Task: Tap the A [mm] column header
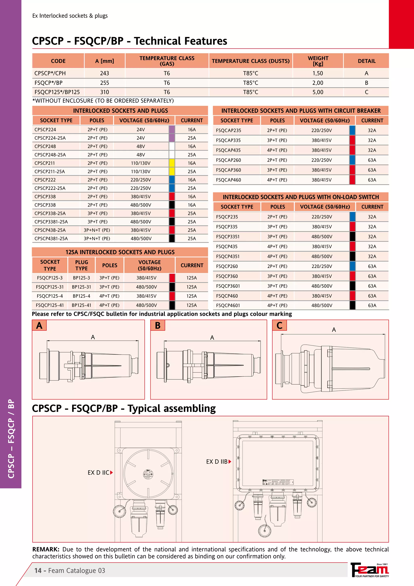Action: (105, 61)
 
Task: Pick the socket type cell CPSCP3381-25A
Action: (51, 222)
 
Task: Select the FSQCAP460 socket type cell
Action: (228, 180)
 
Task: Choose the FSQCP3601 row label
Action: (228, 286)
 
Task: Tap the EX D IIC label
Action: (98, 473)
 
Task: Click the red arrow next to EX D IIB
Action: (230, 461)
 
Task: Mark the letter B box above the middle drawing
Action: (158, 326)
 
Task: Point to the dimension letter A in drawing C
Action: (334, 330)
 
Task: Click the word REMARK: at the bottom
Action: (46, 549)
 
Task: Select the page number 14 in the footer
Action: (38, 571)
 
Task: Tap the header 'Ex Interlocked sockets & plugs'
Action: (70, 16)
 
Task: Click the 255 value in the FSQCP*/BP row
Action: (105, 83)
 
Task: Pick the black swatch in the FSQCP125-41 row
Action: (172, 305)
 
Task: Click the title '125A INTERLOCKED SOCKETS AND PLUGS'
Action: (120, 252)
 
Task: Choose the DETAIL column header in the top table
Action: (366, 61)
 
